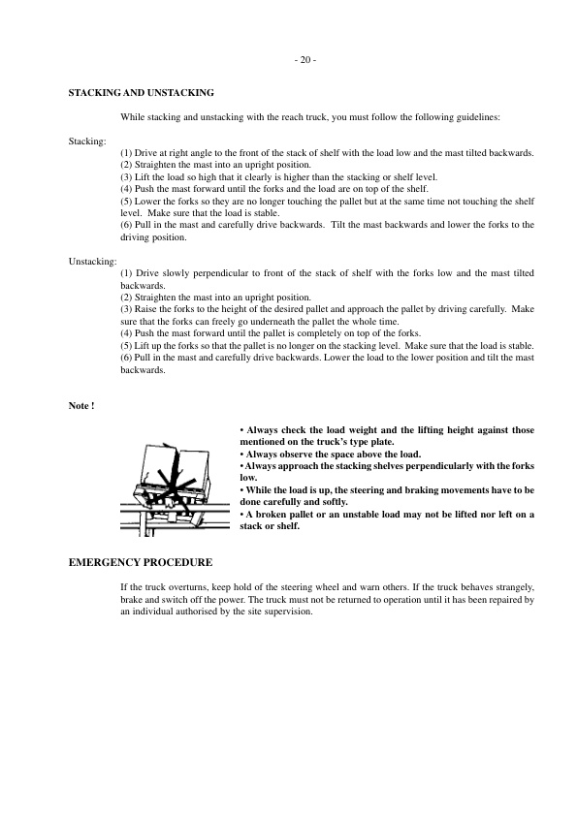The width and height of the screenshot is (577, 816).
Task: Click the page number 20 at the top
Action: click(304, 60)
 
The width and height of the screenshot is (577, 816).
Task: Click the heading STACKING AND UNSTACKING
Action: click(141, 92)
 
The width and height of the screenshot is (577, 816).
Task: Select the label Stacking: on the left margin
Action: click(87, 141)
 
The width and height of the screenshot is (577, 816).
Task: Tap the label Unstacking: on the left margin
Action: click(92, 262)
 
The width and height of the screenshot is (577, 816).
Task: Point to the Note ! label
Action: click(80, 404)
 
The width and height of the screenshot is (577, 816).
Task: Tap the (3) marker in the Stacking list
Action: click(127, 177)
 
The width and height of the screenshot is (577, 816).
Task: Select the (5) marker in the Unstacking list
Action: click(127, 345)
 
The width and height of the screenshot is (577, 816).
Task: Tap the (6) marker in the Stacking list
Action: click(127, 225)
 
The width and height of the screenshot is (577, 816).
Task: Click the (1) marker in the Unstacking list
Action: click(127, 263)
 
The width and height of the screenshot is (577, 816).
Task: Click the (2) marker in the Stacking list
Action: click(127, 166)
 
